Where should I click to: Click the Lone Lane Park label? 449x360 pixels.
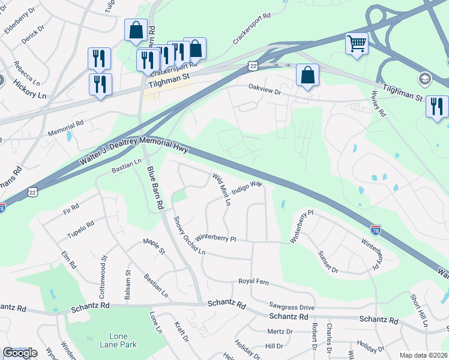[123, 340]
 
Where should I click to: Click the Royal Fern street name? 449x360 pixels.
[253, 281]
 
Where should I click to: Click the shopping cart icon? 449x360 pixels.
[357, 43]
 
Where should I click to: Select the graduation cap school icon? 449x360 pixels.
[424, 79]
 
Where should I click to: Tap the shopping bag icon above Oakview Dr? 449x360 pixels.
[307, 75]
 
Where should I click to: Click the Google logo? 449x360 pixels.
[20, 353]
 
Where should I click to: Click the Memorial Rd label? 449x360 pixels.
[66, 127]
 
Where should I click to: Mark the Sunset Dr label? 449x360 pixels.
[328, 262]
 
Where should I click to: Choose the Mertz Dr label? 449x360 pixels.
[280, 331]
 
